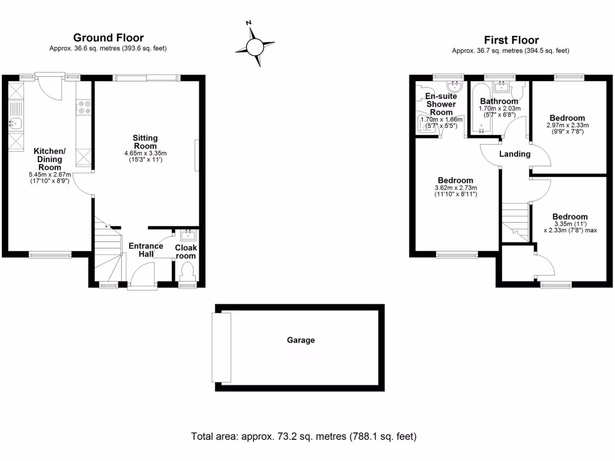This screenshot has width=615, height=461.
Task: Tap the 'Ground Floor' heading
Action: tap(108, 38)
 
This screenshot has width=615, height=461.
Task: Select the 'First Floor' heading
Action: tap(511, 40)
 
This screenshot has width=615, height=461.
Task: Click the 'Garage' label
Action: tap(300, 340)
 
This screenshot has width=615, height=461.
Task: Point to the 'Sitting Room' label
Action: tap(145, 142)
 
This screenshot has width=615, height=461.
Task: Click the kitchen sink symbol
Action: tap(15, 124)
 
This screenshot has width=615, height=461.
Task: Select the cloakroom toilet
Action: tap(187, 273)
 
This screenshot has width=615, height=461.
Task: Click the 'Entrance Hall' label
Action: tap(147, 250)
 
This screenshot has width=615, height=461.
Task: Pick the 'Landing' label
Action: tap(515, 154)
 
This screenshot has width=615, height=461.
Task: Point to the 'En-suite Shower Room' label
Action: tap(441, 104)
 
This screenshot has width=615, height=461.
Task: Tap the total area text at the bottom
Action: tap(303, 436)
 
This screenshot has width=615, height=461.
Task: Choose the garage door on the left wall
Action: tap(221, 348)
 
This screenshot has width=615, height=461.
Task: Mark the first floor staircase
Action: tap(515, 221)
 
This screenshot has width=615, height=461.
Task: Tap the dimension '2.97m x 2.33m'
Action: tap(568, 125)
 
